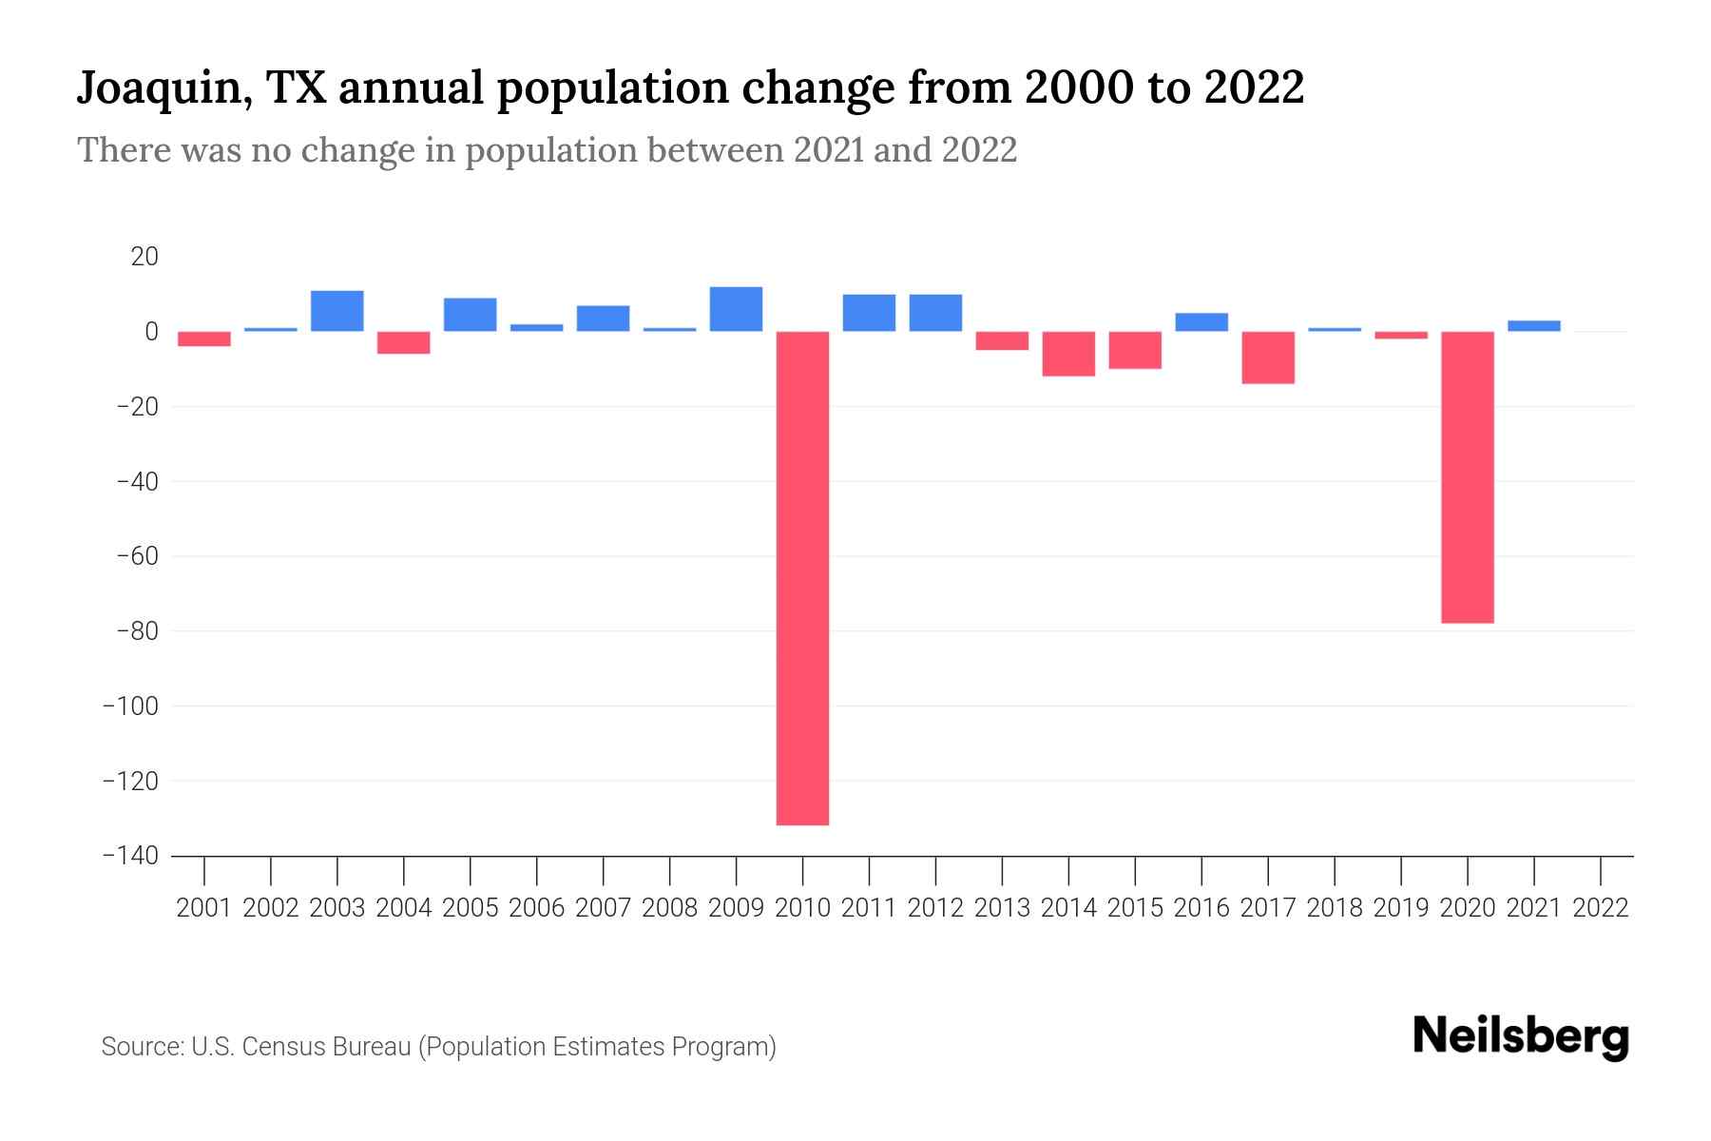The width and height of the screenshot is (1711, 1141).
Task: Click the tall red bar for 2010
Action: coord(802,578)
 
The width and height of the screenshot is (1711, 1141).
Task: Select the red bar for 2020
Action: coord(1467,477)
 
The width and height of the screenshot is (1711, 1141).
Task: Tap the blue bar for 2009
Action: coord(736,309)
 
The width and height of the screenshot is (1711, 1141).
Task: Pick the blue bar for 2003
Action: coord(337,311)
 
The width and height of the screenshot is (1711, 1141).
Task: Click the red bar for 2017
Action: coord(1268,358)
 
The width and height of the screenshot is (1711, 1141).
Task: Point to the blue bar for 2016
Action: coord(1202,322)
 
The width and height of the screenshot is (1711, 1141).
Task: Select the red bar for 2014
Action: coord(1068,354)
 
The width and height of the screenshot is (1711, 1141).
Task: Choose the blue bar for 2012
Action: coord(935,313)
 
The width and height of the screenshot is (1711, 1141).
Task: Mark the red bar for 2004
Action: coord(404,342)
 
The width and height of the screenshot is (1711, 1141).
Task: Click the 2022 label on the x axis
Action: coord(1601,908)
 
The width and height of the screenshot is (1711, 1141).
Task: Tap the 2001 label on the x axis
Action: coord(204,908)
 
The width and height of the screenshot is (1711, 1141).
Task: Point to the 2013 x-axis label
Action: coord(1002,908)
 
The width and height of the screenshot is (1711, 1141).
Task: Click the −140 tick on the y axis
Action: coord(130,856)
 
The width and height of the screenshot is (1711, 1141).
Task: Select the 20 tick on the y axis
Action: coord(144,257)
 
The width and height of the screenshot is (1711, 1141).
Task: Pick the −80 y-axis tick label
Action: coord(136,631)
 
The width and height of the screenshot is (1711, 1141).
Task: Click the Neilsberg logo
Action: coord(1521,1036)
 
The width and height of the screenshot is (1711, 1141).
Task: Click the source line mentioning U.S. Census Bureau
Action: coord(438,1047)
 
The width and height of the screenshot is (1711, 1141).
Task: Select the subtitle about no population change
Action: coord(547,150)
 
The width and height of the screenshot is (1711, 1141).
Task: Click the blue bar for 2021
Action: coord(1533,326)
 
